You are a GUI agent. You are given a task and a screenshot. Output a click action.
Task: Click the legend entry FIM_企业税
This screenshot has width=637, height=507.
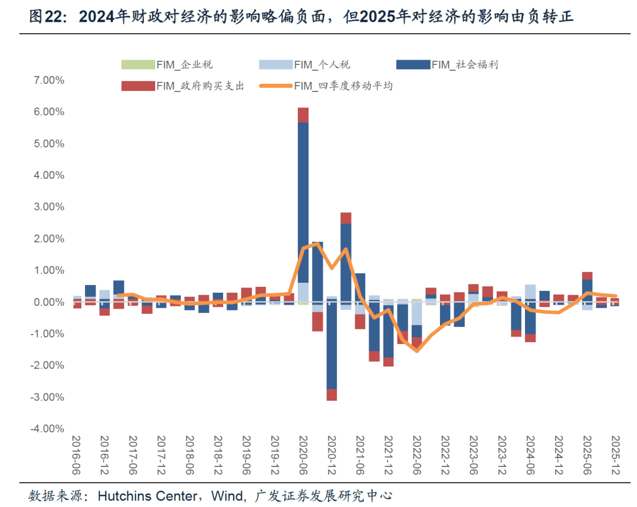point(167,65)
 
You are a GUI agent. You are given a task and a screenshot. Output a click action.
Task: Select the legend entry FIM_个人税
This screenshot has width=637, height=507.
point(304,65)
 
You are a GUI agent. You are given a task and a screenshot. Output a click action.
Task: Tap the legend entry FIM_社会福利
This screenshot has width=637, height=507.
point(447,65)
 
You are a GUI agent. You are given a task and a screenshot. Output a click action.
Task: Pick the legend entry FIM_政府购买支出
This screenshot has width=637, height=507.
point(183,86)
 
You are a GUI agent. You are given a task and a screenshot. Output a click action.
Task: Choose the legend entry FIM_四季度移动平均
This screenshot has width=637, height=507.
point(326,86)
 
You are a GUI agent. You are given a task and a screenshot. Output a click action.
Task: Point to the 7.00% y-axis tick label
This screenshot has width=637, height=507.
point(49,80)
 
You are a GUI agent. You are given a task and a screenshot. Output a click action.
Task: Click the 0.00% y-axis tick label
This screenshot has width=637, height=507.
point(49,302)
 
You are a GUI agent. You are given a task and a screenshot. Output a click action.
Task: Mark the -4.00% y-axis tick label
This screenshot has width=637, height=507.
point(48,429)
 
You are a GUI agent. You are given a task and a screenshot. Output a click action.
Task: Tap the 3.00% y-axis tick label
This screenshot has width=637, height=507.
point(49,207)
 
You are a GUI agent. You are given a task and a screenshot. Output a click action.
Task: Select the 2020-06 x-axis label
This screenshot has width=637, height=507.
point(304,455)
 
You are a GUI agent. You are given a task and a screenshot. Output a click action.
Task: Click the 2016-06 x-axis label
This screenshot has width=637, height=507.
point(76,455)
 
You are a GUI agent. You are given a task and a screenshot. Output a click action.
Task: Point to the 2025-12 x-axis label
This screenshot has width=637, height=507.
point(615,455)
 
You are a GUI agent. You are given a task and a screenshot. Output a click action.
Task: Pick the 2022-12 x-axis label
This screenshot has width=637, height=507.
point(445,455)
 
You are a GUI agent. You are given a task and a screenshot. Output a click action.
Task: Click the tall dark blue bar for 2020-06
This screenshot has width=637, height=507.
point(303,202)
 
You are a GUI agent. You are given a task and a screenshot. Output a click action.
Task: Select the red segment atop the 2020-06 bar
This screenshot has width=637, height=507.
point(303,115)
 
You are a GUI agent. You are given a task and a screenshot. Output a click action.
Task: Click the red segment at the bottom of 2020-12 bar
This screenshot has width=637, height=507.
point(331,395)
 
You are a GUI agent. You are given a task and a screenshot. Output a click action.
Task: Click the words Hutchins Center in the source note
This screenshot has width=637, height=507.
point(147,496)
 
